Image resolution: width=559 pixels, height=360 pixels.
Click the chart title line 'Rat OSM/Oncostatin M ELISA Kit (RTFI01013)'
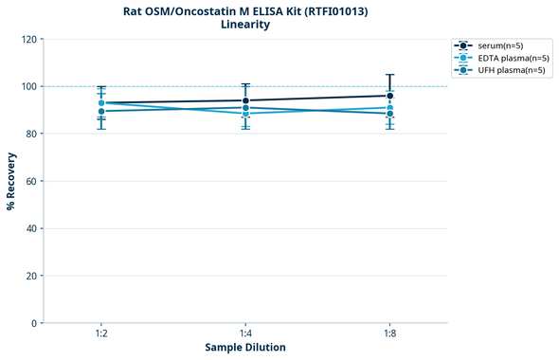[245, 11]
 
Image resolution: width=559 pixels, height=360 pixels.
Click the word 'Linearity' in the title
[245, 26]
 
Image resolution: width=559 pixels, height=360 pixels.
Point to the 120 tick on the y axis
[28, 40]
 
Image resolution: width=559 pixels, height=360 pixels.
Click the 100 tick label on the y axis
[28, 87]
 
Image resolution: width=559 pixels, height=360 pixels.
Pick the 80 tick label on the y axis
[31, 135]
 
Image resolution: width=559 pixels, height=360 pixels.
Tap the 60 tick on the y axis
[31, 181]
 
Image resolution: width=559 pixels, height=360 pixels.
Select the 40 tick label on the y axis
[31, 228]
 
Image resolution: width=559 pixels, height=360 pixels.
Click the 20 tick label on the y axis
[31, 276]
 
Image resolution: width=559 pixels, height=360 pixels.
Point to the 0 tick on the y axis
[34, 323]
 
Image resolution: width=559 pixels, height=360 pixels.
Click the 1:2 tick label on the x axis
[101, 334]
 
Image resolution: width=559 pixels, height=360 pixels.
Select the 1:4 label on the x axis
[245, 334]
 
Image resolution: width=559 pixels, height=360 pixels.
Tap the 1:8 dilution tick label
[389, 334]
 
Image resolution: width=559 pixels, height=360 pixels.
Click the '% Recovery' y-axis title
[11, 181]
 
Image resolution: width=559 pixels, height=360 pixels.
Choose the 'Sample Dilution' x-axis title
[245, 348]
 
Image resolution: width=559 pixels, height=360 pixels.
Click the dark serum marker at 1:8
[389, 96]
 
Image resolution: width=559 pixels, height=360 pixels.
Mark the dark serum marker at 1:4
[245, 100]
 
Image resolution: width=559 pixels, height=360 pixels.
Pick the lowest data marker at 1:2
[101, 112]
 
